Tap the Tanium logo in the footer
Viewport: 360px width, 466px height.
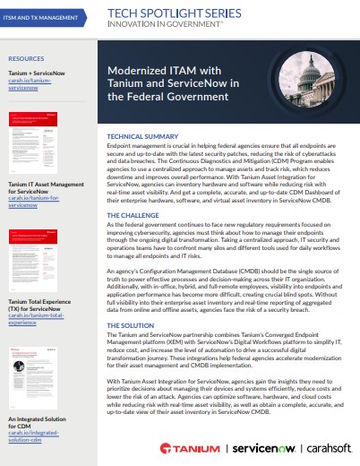(x=186, y=447)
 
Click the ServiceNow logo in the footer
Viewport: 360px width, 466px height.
(x=253, y=447)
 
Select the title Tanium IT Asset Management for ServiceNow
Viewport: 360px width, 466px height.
(x=45, y=191)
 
